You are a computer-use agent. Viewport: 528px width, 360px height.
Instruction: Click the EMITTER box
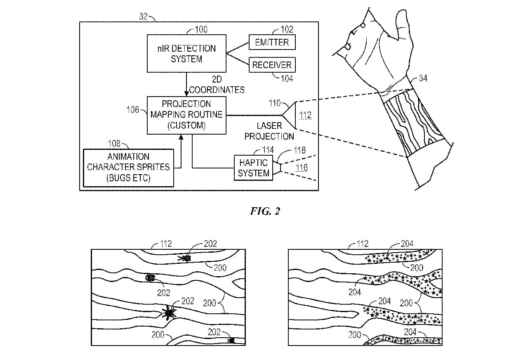click(x=272, y=42)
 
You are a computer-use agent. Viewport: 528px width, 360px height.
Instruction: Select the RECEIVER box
click(x=272, y=65)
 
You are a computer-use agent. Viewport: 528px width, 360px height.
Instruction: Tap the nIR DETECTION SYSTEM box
click(x=186, y=54)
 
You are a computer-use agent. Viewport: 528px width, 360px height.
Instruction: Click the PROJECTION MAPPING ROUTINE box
click(x=186, y=115)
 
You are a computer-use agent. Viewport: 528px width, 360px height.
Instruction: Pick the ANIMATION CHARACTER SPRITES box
click(x=128, y=168)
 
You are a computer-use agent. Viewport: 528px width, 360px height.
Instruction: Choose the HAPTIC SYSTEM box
click(x=253, y=168)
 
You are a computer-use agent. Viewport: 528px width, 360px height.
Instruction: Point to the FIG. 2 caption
click(x=265, y=211)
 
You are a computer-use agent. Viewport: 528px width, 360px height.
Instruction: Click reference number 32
click(x=143, y=17)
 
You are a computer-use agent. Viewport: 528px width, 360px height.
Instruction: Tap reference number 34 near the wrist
click(x=423, y=78)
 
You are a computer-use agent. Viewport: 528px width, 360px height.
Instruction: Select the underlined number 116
click(x=302, y=167)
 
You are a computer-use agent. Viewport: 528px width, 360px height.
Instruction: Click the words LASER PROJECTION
click(x=269, y=131)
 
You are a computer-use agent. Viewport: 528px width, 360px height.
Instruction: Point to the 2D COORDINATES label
click(x=217, y=85)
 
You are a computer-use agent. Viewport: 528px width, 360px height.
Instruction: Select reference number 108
click(x=114, y=144)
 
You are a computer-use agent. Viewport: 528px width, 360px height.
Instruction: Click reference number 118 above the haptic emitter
click(x=299, y=150)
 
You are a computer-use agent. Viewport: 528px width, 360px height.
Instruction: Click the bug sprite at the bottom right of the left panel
click(x=231, y=340)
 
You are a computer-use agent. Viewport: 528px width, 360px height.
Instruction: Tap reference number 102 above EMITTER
click(x=287, y=29)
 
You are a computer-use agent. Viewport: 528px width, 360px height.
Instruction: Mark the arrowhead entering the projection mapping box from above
click(x=186, y=94)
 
